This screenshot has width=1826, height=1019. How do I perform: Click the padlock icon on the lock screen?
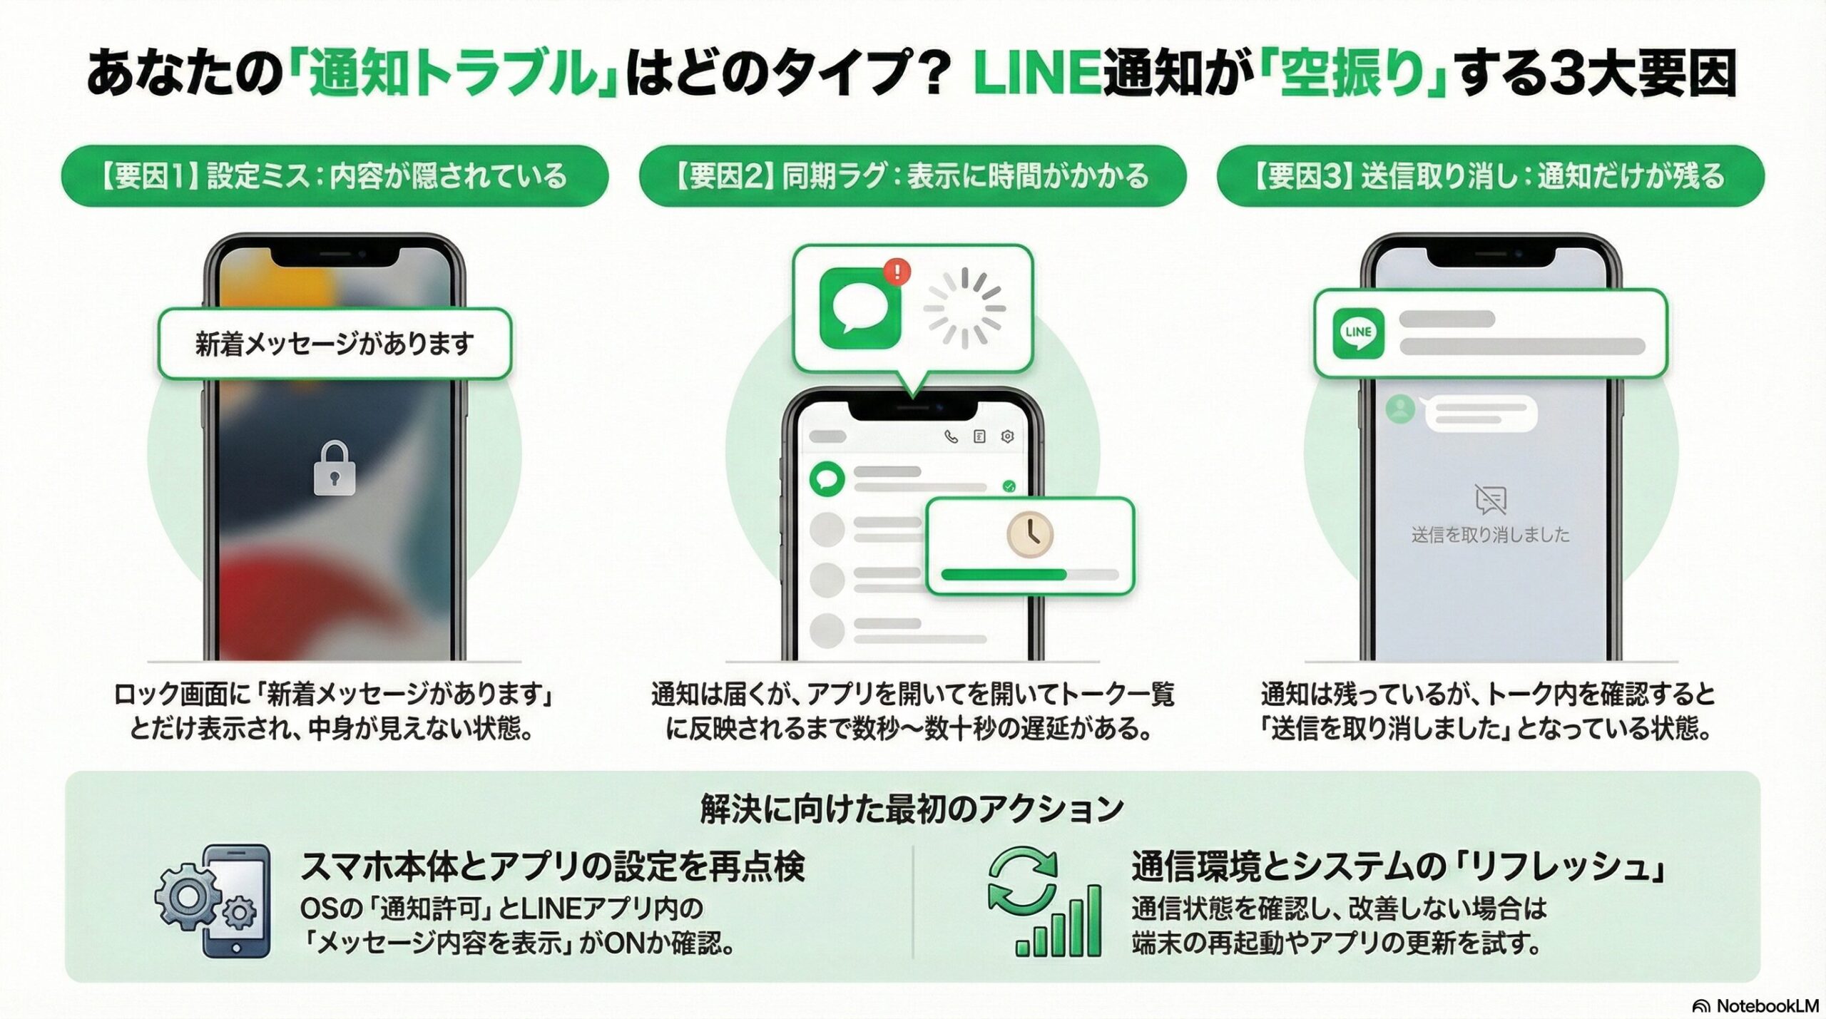tap(335, 468)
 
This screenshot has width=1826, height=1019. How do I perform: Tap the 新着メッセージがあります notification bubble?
tap(335, 344)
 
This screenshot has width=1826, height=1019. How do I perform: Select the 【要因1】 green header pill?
tap(335, 176)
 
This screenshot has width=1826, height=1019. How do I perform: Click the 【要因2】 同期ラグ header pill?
tap(912, 176)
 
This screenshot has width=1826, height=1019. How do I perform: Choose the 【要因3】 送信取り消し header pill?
tap(1490, 176)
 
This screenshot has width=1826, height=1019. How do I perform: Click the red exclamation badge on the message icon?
tap(897, 272)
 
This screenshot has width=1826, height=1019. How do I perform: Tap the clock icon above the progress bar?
tap(1030, 535)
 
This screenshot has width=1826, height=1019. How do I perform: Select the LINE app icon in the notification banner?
tap(1358, 332)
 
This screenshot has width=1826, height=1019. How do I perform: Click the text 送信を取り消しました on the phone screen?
tap(1490, 535)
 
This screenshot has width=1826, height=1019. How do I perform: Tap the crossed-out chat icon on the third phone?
tap(1490, 499)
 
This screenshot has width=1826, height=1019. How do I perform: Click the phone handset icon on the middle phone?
tap(951, 436)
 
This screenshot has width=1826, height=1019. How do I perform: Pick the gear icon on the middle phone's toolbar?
tap(1007, 436)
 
